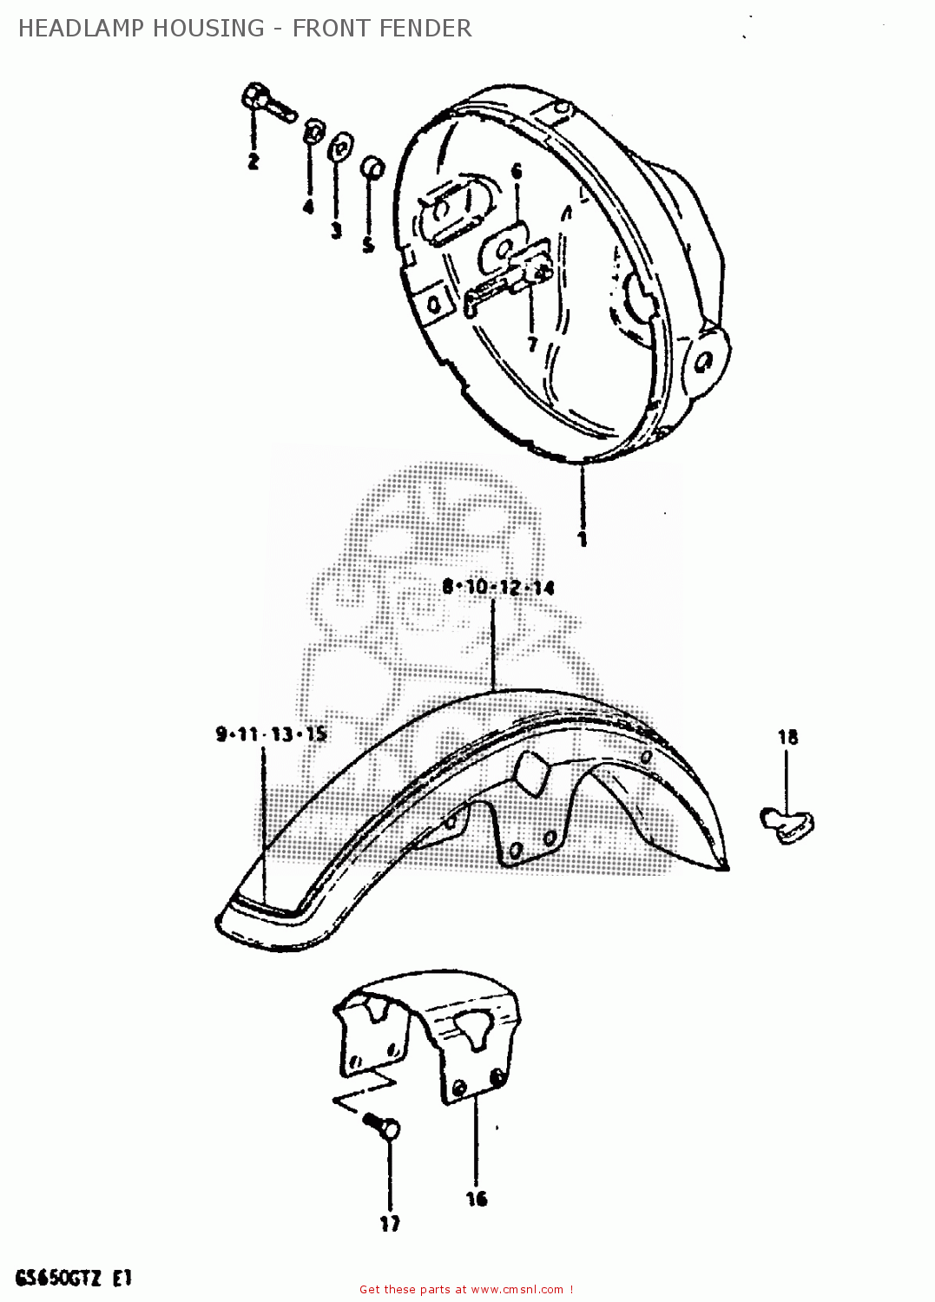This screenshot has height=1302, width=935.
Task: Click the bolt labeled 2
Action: point(265,102)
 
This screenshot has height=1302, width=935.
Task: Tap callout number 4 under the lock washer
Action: point(308,207)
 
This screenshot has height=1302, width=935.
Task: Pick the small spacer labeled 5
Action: point(372,167)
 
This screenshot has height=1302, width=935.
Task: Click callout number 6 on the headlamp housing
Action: point(517,171)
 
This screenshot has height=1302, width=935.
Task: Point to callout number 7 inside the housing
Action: point(532,345)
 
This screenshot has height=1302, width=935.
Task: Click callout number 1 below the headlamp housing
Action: point(583,539)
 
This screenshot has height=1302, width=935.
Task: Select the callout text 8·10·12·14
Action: point(497,588)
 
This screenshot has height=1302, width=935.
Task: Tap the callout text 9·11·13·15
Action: point(271,734)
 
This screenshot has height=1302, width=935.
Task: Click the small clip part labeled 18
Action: point(787,824)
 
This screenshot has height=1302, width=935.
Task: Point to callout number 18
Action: point(787,738)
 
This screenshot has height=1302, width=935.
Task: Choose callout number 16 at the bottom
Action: point(477,1199)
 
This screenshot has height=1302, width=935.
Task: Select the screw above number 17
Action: point(383,1126)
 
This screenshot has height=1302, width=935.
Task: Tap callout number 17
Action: point(390,1224)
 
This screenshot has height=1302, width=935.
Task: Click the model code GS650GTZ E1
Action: point(73,1278)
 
